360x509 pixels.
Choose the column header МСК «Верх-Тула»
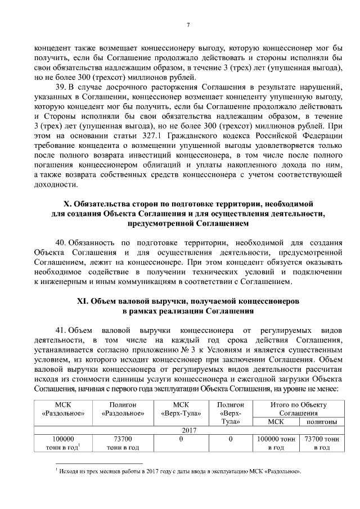(x=181, y=409)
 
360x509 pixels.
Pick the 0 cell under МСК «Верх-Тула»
(x=181, y=438)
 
